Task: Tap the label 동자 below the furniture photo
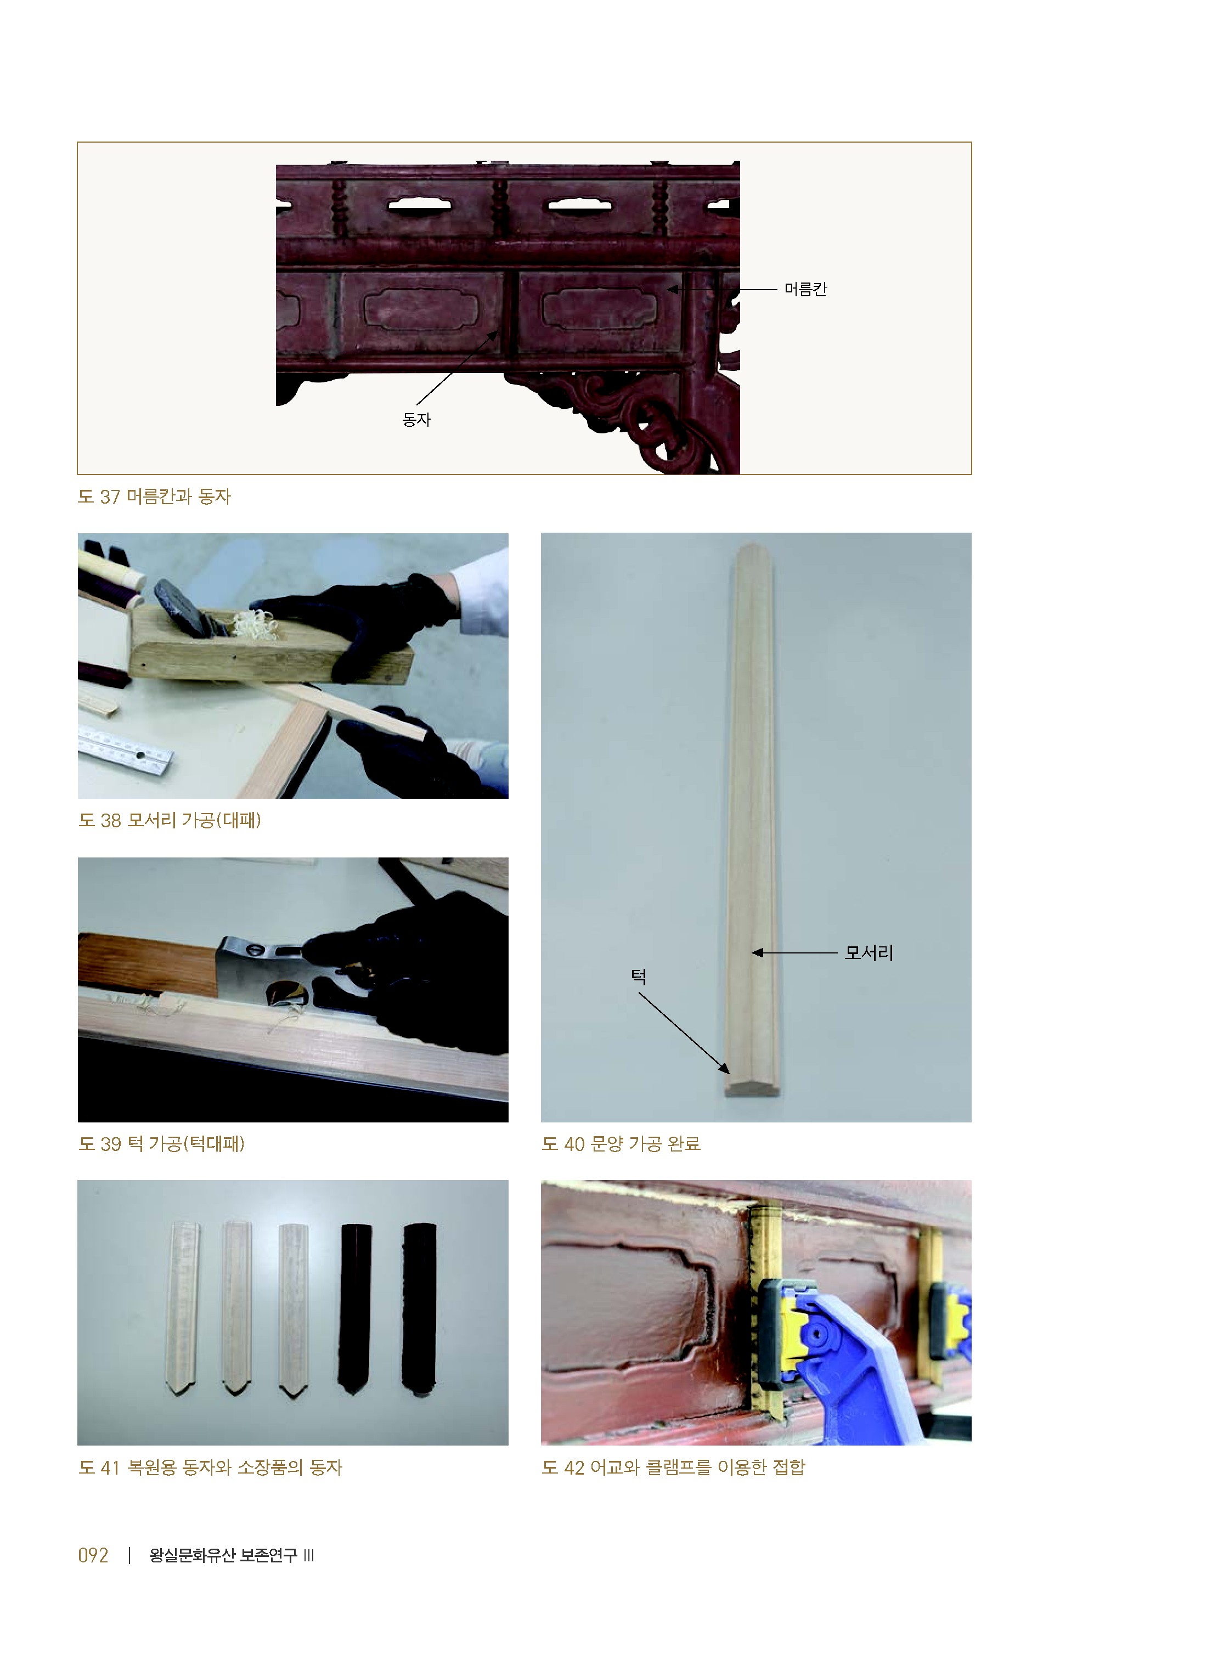point(416,419)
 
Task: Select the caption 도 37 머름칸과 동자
point(154,497)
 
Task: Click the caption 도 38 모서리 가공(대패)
point(170,820)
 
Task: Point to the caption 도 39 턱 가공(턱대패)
point(161,1144)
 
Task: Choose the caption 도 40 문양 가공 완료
point(621,1144)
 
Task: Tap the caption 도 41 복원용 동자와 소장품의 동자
point(210,1468)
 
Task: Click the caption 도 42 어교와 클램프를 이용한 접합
point(673,1468)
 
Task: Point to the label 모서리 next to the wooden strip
point(869,953)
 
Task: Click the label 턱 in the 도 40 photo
point(639,977)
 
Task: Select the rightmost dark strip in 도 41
point(420,1309)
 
